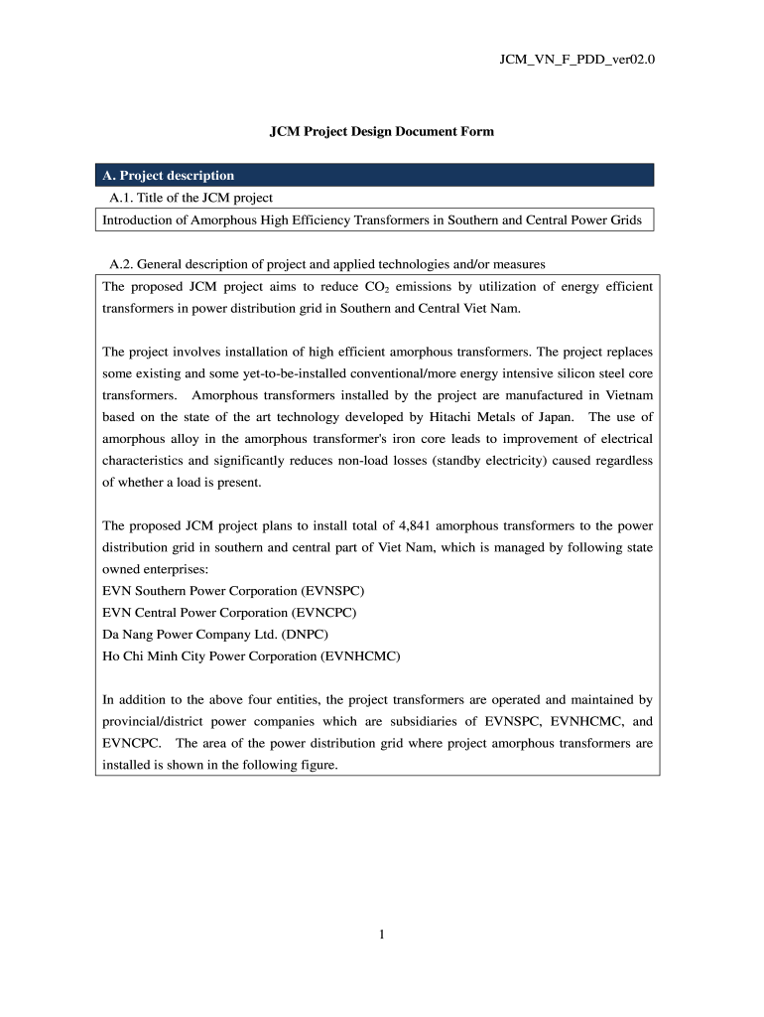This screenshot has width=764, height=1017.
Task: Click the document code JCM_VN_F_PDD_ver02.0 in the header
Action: pos(577,60)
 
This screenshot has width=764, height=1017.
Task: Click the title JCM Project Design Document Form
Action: pos(382,131)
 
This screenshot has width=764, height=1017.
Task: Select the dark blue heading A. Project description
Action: pos(169,176)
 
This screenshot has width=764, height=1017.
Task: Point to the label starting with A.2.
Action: pos(327,264)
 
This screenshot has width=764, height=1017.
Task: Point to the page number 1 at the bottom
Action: pos(382,934)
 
